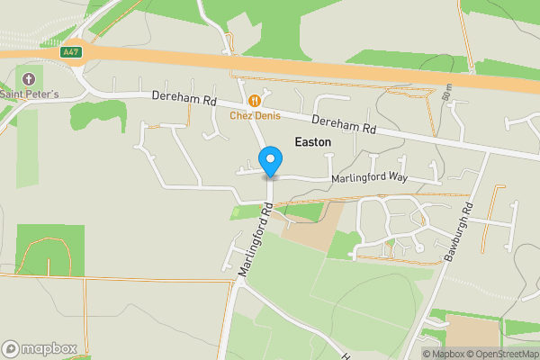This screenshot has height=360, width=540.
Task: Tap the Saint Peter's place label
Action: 29,94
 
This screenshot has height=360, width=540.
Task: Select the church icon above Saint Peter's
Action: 29,79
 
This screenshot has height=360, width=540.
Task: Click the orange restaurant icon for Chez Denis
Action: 255,101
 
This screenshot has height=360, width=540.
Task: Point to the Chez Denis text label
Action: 255,115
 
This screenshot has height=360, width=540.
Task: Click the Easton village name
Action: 313,142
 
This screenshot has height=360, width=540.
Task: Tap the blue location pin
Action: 270,162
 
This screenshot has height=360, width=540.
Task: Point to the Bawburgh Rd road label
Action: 458,234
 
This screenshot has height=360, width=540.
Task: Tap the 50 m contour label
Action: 445,91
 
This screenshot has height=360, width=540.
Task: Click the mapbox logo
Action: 40,348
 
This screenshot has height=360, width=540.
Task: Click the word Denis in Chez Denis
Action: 266,115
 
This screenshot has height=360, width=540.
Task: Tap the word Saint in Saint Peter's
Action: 13,94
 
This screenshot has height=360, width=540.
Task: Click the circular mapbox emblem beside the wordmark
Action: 12,348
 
